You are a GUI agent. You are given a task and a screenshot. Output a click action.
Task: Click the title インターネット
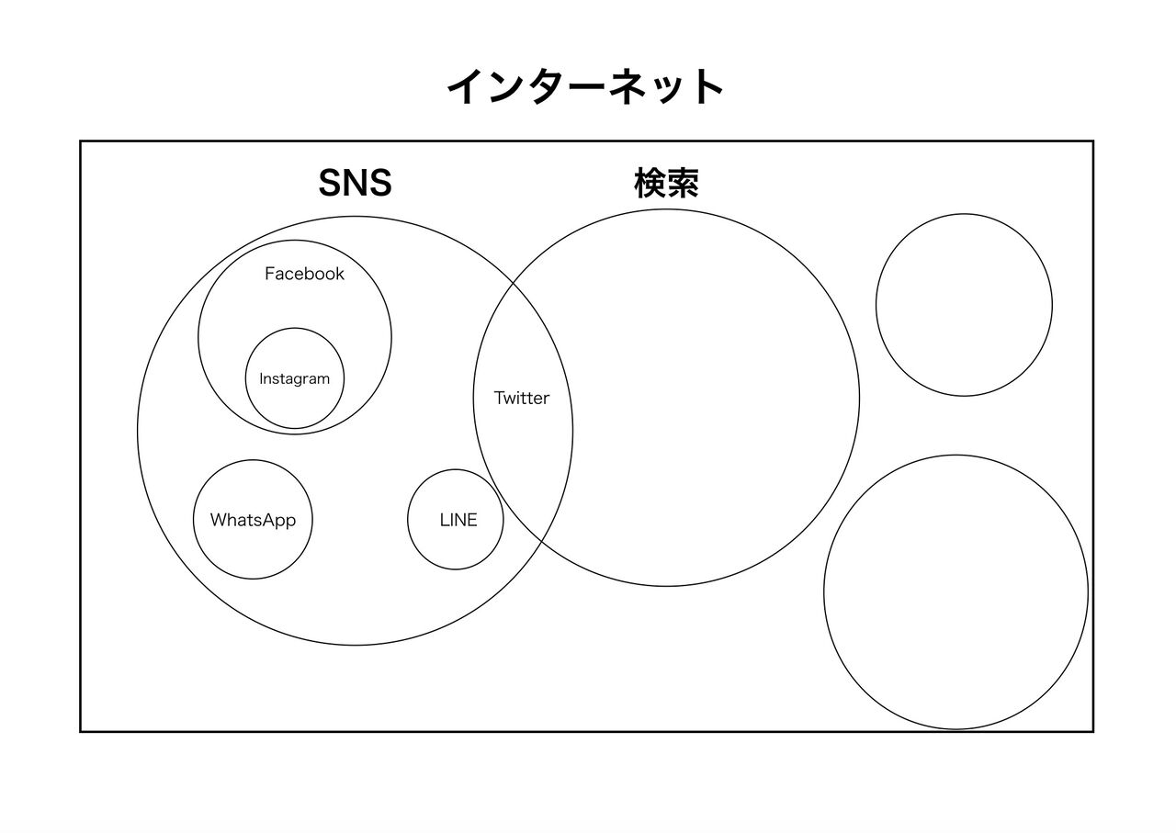click(585, 86)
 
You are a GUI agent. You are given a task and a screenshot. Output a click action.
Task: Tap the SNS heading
click(356, 183)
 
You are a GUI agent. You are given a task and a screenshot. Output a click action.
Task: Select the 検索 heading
click(667, 183)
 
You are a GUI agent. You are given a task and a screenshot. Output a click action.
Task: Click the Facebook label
click(304, 274)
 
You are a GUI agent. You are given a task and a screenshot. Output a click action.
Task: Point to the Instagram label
click(295, 379)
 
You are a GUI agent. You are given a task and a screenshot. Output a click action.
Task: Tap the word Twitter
click(521, 398)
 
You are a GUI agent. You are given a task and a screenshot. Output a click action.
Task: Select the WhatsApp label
click(253, 520)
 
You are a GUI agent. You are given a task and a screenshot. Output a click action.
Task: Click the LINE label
click(458, 520)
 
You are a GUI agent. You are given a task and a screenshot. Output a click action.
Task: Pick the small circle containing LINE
click(456, 519)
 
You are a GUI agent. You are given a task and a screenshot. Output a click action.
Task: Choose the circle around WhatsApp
click(253, 520)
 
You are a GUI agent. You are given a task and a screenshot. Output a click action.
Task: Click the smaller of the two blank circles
click(964, 305)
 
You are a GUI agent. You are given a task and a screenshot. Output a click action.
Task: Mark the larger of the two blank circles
click(956, 592)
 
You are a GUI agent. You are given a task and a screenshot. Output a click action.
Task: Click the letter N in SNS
click(356, 183)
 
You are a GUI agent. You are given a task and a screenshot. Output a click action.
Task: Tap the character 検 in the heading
click(650, 183)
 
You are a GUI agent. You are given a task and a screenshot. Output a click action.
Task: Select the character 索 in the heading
click(683, 183)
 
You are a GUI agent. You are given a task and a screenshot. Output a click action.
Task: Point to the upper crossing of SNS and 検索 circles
click(513, 283)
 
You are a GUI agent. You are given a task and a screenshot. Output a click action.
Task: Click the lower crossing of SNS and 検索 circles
click(542, 540)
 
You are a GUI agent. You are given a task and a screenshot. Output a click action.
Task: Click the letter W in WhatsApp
click(218, 519)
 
